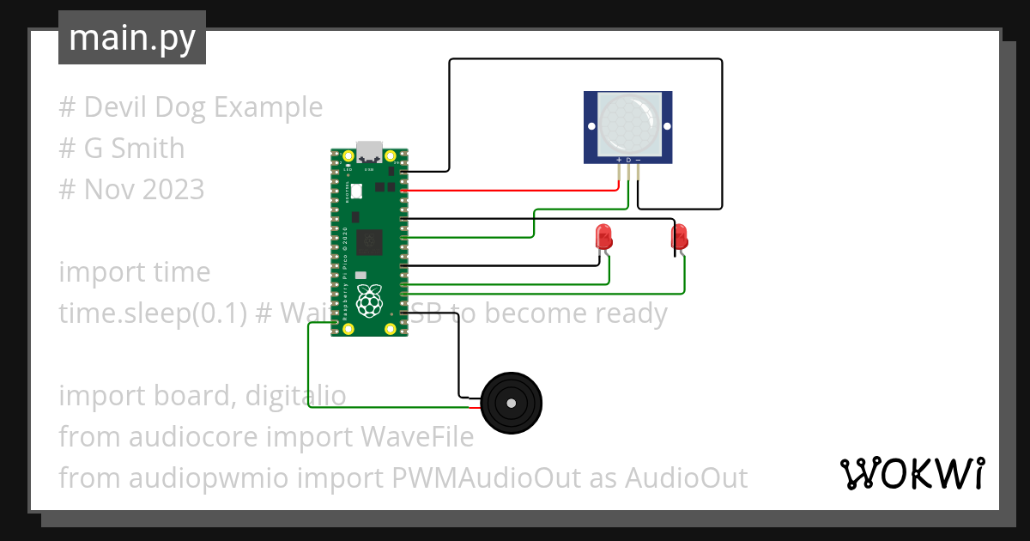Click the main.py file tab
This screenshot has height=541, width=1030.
(131, 39)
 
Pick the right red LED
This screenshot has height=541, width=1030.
(680, 235)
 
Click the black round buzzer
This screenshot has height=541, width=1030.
(512, 404)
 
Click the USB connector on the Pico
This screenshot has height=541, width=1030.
(370, 152)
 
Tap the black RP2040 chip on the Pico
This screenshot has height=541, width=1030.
(370, 242)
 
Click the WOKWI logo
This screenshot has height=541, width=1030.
(911, 473)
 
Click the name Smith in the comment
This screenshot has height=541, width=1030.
(147, 149)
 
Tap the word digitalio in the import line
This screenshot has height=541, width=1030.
(295, 396)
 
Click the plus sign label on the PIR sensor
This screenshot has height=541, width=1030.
(619, 161)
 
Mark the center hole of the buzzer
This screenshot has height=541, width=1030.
(512, 404)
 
